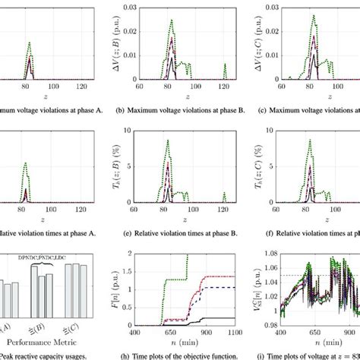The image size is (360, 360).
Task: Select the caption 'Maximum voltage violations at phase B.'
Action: click(181, 112)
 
